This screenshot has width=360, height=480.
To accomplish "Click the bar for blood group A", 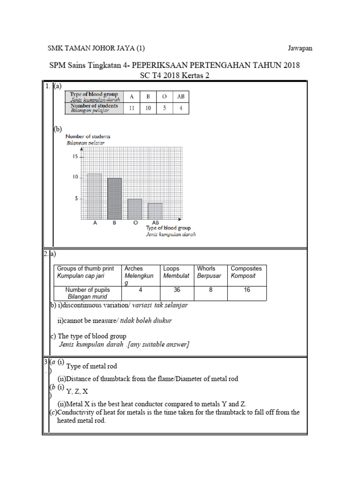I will [94, 196].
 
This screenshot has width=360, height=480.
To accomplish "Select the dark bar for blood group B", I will [114, 199].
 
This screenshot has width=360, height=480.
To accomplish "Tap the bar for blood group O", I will [135, 209].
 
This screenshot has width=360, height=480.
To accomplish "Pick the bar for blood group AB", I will [155, 211].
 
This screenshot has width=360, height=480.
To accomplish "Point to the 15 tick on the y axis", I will [75, 157].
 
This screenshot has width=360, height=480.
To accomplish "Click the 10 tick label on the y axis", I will [75, 177].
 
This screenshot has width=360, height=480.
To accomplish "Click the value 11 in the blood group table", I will [132, 108].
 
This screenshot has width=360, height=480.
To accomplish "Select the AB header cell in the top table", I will [180, 97].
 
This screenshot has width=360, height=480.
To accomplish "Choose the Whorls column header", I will [206, 269].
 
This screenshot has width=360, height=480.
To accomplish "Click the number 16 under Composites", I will [247, 290].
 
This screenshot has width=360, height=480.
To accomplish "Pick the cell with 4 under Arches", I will [141, 290].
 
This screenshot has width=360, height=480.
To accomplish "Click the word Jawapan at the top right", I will [300, 48].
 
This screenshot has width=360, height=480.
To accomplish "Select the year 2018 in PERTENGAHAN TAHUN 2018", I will [290, 65].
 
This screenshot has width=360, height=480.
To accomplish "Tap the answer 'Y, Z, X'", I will [77, 391].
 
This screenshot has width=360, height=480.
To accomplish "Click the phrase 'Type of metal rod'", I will [92, 366].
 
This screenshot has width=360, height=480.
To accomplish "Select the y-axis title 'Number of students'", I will [89, 136].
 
